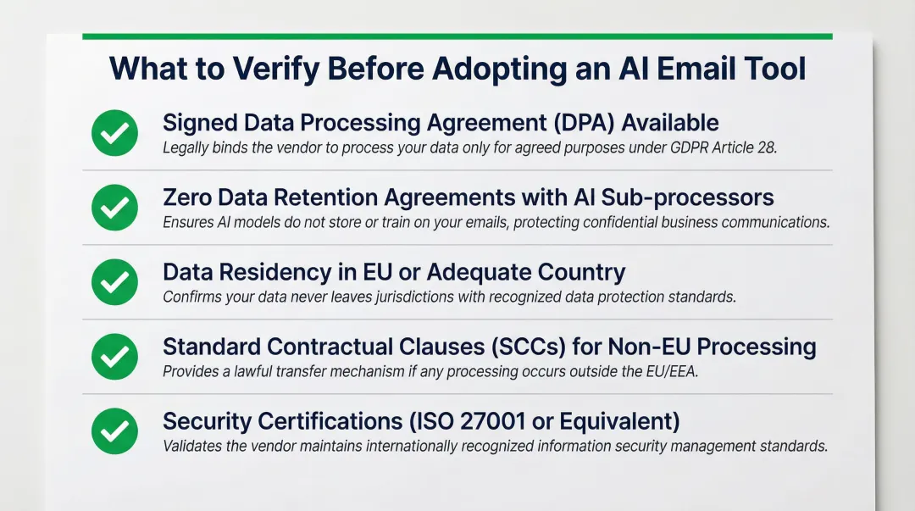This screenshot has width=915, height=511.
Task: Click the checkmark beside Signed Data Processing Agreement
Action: (114, 133)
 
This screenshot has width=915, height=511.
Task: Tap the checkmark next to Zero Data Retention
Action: (114, 208)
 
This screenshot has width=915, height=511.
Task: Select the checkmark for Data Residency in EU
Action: (114, 282)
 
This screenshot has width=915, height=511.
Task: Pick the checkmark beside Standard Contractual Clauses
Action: (114, 357)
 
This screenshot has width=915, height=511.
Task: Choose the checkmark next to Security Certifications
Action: (114, 431)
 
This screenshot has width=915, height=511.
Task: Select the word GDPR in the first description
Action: (677, 147)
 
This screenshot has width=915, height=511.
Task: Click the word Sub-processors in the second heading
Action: (687, 197)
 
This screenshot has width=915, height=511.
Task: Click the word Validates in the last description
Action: (191, 446)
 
